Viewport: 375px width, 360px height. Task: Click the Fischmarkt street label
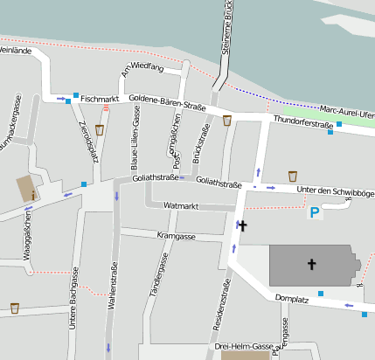tap(98, 100)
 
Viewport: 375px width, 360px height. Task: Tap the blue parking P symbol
tap(315, 211)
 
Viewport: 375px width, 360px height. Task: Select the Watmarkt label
tap(182, 205)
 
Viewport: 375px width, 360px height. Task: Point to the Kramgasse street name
tap(176, 236)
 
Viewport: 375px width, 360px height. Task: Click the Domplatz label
tap(292, 299)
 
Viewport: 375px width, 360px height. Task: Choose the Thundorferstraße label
tap(304, 124)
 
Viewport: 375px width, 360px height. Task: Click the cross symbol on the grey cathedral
tap(311, 263)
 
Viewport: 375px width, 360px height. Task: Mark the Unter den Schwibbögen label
tap(335, 191)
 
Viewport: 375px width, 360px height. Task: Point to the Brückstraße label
tap(204, 144)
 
